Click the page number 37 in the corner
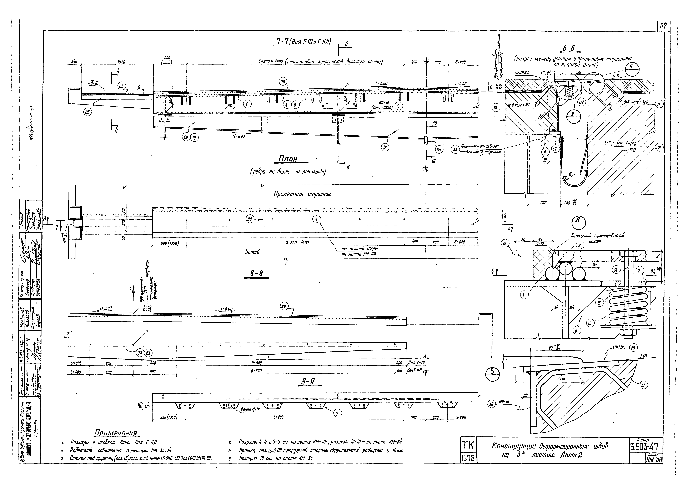pyautogui.click(x=663, y=26)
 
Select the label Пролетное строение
pyautogui.click(x=302, y=194)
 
